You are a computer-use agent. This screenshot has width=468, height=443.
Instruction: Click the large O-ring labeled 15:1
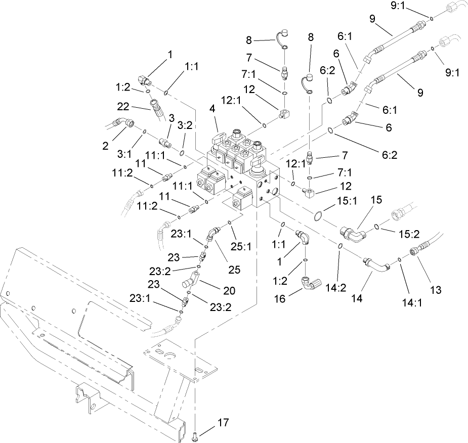pos(316,216)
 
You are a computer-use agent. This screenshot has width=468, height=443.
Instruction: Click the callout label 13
pos(435,290)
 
